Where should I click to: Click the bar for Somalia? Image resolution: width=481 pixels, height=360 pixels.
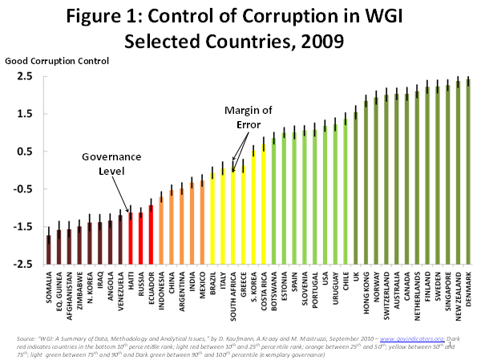pos(48,249)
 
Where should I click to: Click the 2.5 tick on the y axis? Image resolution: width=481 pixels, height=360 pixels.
pos(22,76)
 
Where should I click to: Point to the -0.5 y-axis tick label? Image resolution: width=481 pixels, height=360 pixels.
pos(22,189)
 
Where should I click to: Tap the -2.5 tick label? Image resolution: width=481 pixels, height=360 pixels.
pos(22,265)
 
